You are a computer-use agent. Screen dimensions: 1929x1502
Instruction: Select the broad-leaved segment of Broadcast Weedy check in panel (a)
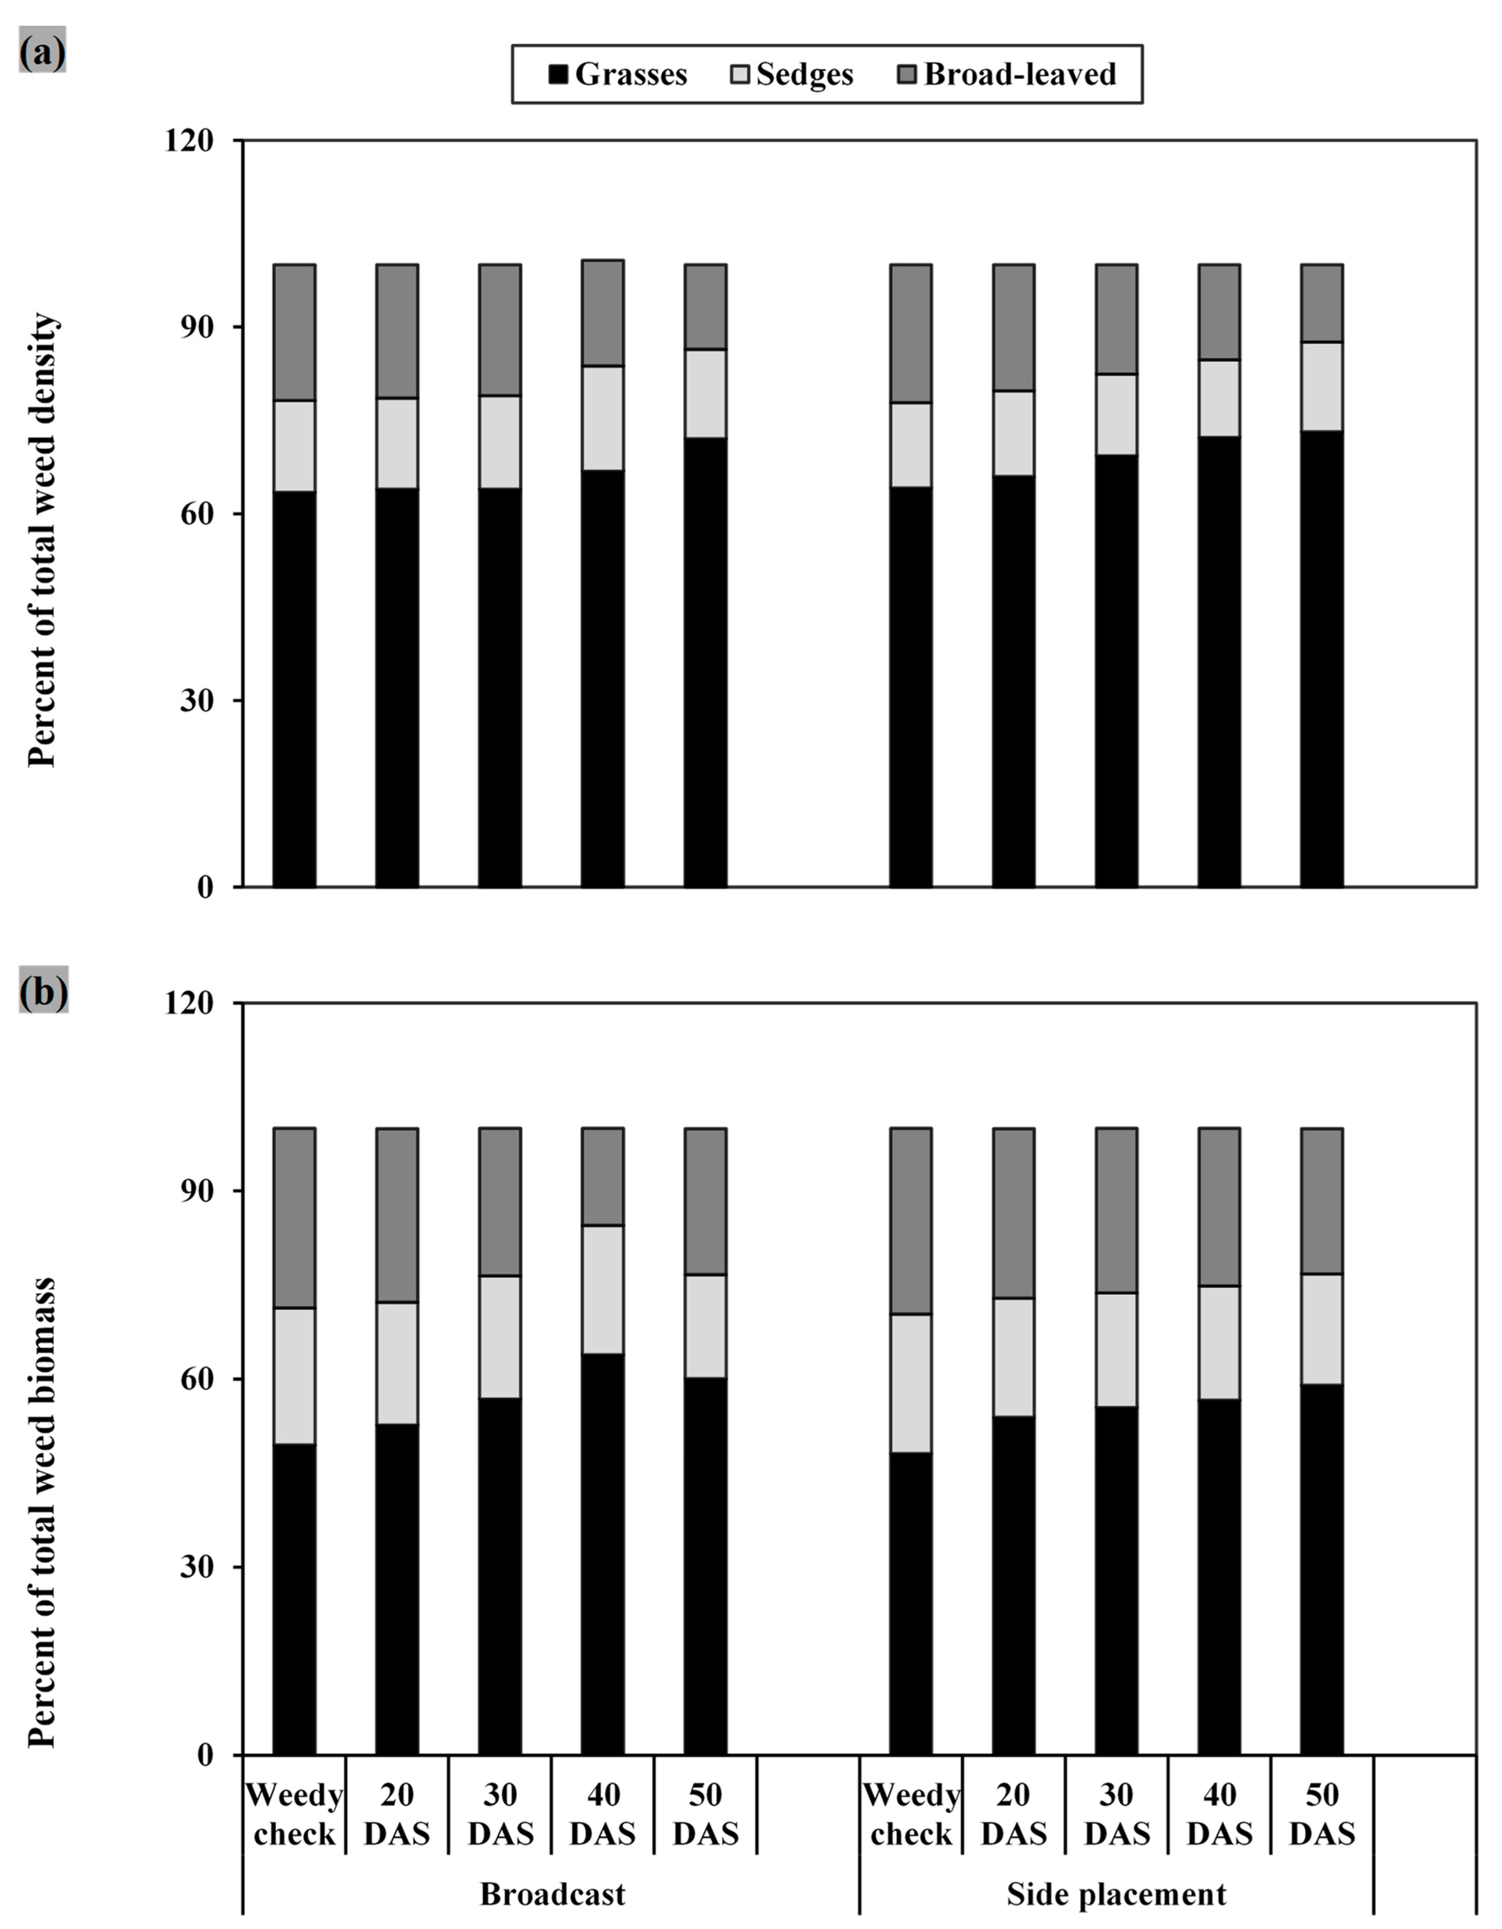tap(294, 332)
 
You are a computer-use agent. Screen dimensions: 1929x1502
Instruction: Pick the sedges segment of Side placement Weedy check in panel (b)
tap(910, 1383)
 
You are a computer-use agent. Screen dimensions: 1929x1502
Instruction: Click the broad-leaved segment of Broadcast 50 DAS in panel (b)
tap(706, 1201)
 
